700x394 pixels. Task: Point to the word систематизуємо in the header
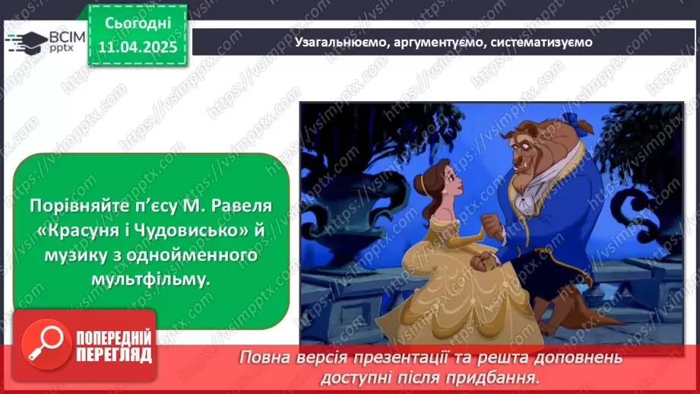(541, 42)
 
